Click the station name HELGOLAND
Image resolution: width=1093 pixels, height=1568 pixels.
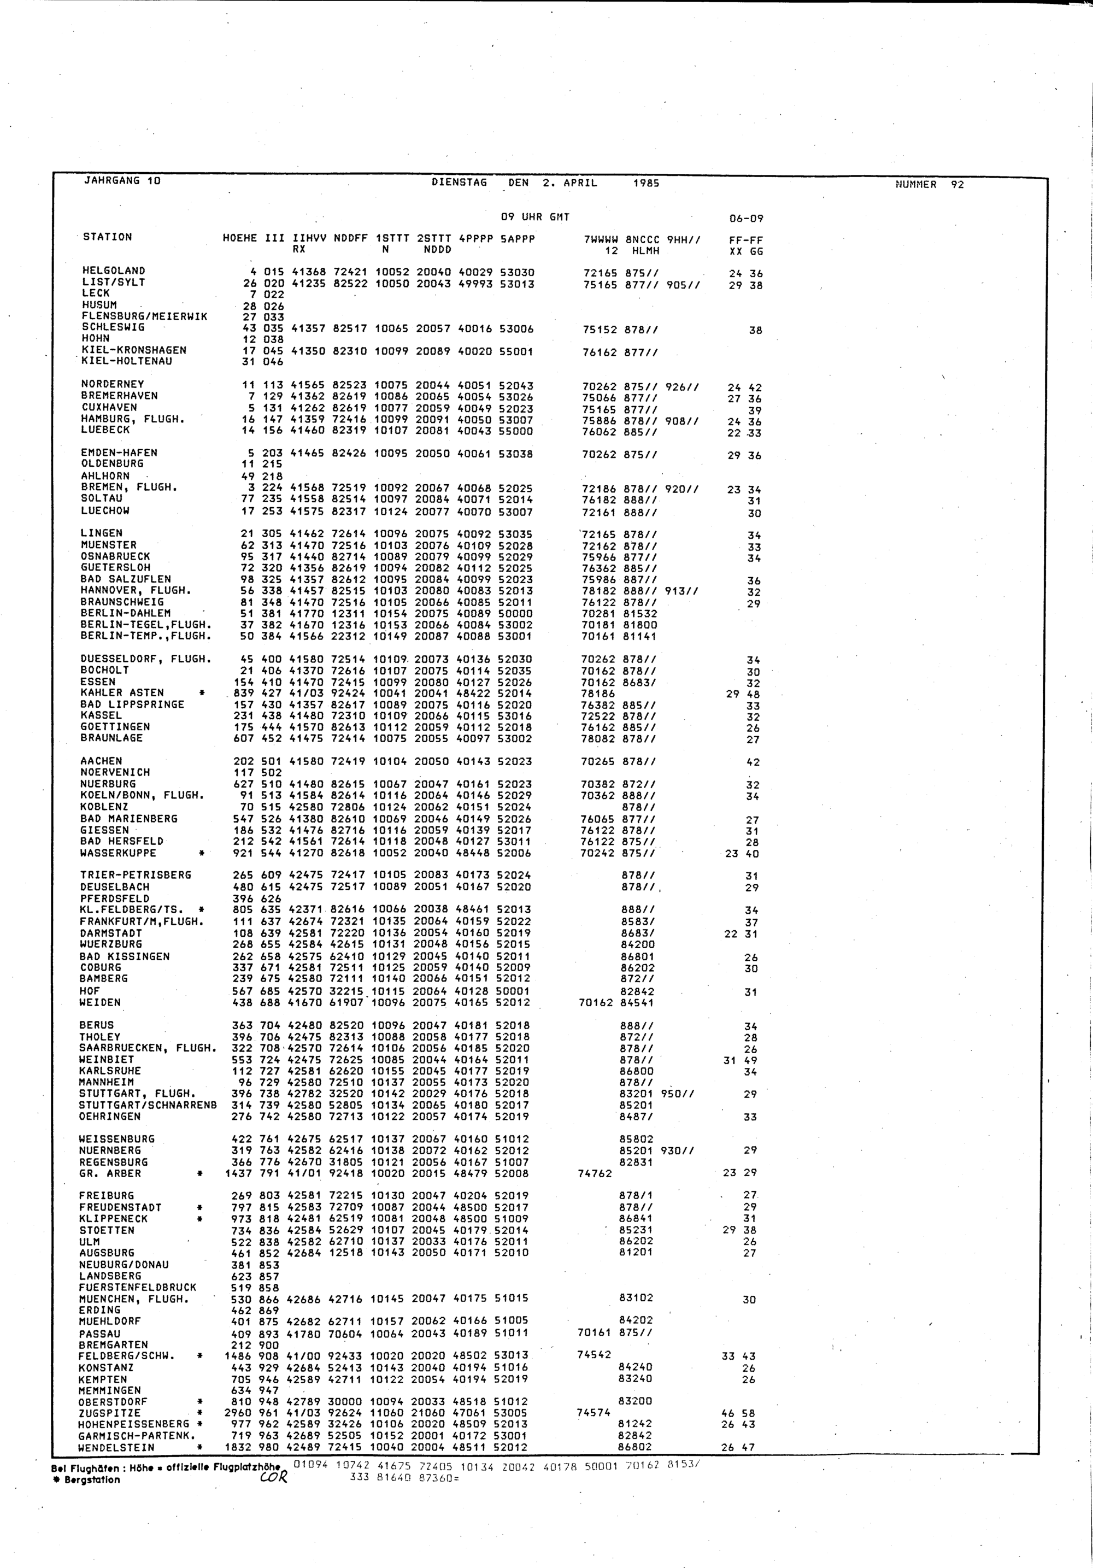(113, 271)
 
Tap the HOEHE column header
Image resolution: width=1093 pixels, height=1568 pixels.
(239, 238)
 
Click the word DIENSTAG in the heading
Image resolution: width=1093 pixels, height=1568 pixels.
(460, 183)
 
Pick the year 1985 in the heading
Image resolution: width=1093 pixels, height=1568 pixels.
(646, 183)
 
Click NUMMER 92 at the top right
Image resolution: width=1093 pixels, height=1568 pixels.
(930, 184)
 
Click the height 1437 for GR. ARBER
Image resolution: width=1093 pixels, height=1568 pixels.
(238, 1173)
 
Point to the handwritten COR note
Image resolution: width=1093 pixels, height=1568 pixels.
(273, 1478)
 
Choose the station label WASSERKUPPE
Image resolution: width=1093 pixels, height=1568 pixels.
(117, 853)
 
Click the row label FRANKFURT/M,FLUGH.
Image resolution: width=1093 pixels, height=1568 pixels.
(142, 921)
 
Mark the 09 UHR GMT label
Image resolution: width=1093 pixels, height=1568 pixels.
(535, 217)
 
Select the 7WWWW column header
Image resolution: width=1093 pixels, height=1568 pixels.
(601, 240)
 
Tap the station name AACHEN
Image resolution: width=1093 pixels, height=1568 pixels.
(101, 761)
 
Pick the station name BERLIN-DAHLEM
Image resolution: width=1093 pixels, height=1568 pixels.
(126, 613)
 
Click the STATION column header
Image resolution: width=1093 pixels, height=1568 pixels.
(107, 237)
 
